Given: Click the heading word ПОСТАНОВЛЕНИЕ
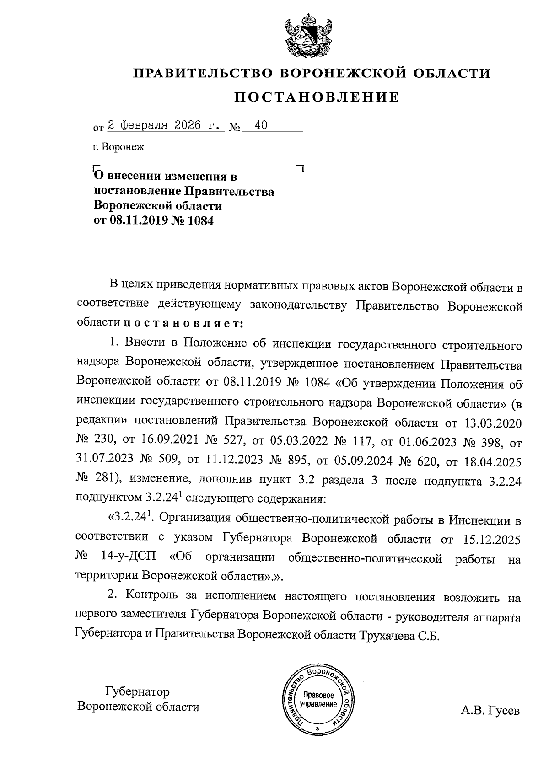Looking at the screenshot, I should pos(317,97).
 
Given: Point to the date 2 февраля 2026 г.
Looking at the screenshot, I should pos(165,125).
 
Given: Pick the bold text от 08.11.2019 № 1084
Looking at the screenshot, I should pos(154,221).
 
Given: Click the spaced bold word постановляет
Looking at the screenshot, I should pos(183,323).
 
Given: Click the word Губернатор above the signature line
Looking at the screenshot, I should pos(137,691).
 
